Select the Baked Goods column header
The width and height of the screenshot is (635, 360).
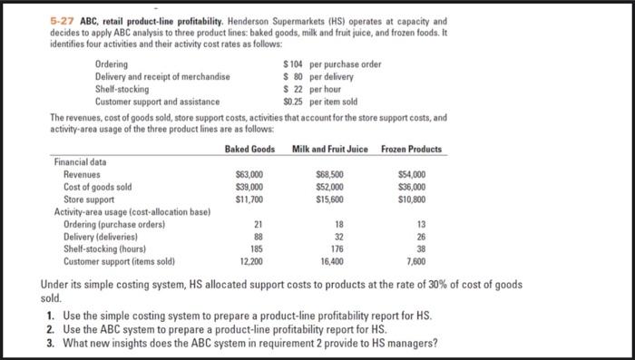[x=249, y=149]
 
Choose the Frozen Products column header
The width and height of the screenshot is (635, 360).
[x=412, y=149]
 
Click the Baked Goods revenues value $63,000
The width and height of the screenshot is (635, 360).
[x=249, y=174]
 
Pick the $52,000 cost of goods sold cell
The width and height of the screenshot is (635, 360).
[x=330, y=187]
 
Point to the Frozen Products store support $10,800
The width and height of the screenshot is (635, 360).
[x=412, y=199]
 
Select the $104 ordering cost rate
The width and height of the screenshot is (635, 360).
[x=293, y=64]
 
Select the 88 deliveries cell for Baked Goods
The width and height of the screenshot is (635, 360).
[x=256, y=236]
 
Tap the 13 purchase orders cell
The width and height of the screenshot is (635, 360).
[x=419, y=223]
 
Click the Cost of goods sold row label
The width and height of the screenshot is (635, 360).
[x=97, y=187]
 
